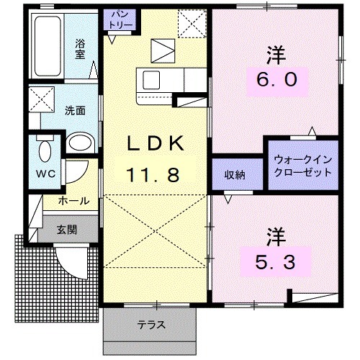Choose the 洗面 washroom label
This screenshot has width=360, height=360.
click(74, 112)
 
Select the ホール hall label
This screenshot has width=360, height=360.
click(74, 202)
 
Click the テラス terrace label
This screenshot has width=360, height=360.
click(151, 325)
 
